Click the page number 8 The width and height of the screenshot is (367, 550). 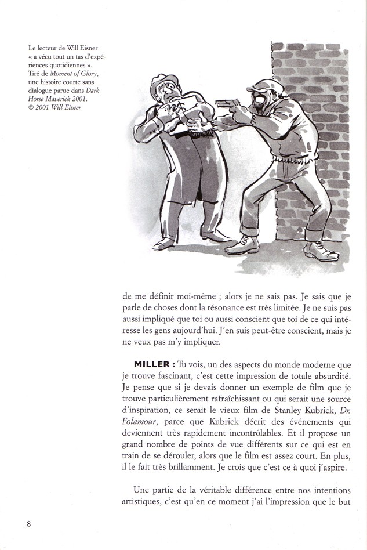coord(28,523)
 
